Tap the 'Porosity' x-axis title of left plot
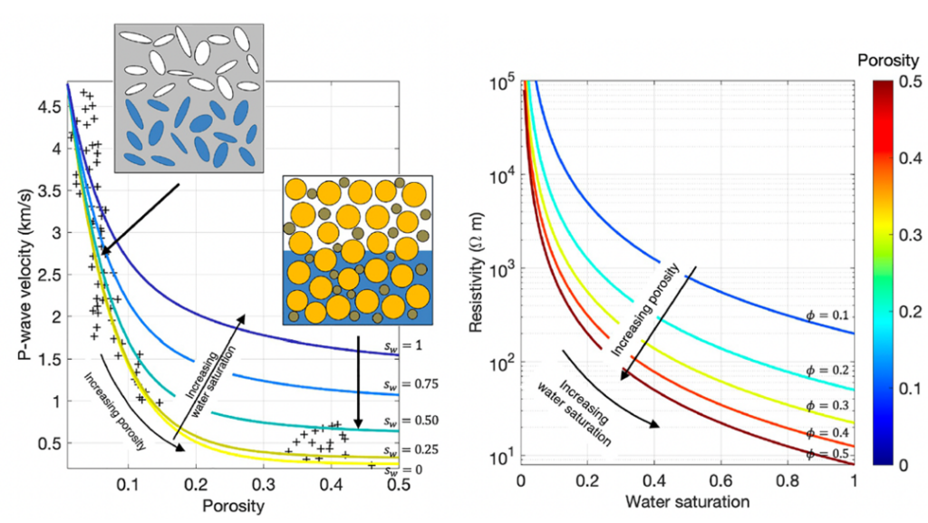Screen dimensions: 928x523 tap(233, 507)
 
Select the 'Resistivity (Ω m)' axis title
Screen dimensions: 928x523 tap(478, 272)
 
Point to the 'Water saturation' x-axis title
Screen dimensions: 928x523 tap(687, 502)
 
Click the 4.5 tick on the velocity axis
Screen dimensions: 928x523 tap(49, 107)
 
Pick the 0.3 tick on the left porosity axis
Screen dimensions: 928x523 tap(264, 485)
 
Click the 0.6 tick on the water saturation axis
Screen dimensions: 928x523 tap(722, 481)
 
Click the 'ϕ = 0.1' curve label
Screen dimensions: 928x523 tap(827, 315)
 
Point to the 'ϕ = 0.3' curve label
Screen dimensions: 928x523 tap(827, 406)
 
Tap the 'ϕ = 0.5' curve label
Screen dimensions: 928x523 tap(827, 454)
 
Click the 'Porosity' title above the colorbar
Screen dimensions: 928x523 tap(888, 61)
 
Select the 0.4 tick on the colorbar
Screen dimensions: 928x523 tap(910, 158)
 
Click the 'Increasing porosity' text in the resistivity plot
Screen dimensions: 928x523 tap(645, 310)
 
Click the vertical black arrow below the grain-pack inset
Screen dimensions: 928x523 tap(357, 383)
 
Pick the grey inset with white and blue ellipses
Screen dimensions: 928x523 tap(188, 98)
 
